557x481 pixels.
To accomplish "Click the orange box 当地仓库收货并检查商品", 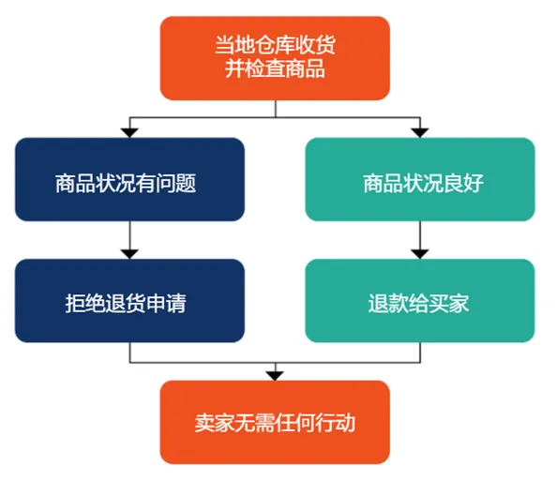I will [275, 57].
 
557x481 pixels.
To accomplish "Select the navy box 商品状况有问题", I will [129, 180].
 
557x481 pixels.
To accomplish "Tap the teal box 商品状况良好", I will [419, 180].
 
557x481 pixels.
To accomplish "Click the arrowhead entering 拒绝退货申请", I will [129, 250].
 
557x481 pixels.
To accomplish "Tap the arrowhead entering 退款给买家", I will [419, 250].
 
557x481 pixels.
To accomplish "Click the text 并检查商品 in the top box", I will [275, 69].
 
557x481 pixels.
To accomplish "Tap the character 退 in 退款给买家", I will [379, 304].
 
